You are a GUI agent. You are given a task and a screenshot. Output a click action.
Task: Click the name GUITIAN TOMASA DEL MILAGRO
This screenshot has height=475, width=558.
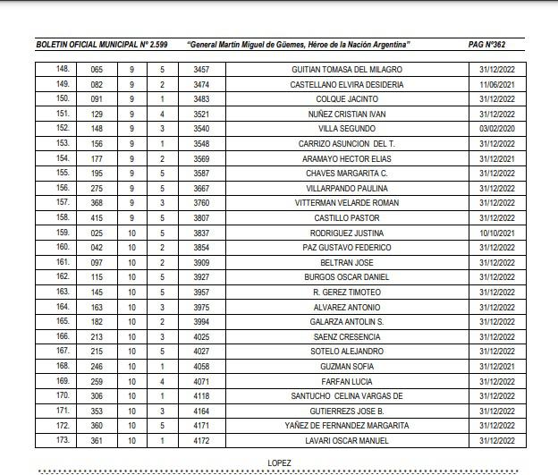click(347, 70)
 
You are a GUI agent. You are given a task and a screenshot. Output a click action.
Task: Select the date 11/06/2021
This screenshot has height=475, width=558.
click(496, 84)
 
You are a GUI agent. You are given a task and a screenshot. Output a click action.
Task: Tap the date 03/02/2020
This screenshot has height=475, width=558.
click(496, 129)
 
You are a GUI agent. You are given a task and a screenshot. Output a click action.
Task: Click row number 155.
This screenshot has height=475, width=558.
click(63, 173)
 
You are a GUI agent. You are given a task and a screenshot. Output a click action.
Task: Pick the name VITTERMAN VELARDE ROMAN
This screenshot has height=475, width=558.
click(347, 203)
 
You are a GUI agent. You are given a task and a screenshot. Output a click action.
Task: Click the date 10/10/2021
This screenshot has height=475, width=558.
click(496, 233)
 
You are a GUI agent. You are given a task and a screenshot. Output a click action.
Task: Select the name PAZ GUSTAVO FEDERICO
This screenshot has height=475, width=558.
click(347, 247)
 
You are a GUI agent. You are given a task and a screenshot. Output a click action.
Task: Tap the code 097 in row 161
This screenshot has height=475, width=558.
click(97, 262)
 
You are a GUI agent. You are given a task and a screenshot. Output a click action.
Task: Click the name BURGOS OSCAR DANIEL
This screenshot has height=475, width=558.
click(347, 277)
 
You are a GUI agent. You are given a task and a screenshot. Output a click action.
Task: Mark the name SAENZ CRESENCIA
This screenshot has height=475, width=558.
click(347, 336)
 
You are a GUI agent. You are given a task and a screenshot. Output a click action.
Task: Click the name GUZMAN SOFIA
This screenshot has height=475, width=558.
click(347, 366)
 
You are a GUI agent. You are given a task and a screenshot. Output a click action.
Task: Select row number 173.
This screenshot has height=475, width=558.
click(63, 440)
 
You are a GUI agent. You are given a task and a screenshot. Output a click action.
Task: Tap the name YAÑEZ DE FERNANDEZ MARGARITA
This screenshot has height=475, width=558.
click(347, 425)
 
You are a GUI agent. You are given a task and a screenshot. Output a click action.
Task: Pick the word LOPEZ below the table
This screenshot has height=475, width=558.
click(279, 462)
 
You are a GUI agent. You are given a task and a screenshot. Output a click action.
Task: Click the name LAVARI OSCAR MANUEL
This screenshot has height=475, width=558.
click(347, 440)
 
